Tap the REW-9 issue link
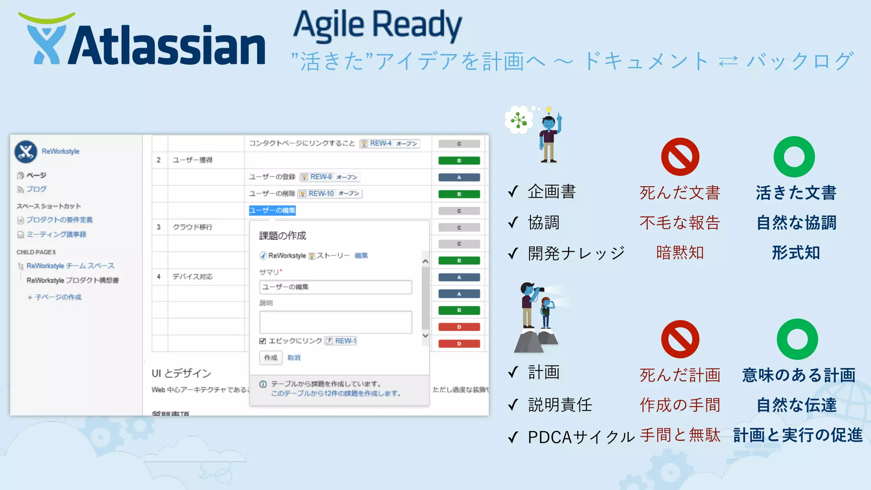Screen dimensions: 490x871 pos(321,177)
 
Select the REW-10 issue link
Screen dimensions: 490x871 pos(321,194)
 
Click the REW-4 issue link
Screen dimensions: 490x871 pos(380,143)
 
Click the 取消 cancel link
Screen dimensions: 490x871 pos(293,358)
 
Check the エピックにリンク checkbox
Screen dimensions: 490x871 pos(262,341)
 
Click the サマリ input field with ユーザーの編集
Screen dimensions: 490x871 pos(335,287)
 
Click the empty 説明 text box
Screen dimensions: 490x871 pos(335,322)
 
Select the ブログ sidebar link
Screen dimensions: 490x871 pos(36,189)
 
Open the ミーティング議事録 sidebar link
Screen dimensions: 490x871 pos(56,234)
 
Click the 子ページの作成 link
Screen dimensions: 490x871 pos(58,297)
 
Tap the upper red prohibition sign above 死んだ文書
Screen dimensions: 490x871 pos(680,157)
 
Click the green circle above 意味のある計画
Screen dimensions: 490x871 pos(797,339)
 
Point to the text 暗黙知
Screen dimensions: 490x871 pos(680,253)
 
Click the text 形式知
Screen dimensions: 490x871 pos(796,253)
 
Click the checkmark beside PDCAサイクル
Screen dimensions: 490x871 pos(513,437)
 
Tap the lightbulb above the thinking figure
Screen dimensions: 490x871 pos(549,110)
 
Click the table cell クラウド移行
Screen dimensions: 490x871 pos(192,227)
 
